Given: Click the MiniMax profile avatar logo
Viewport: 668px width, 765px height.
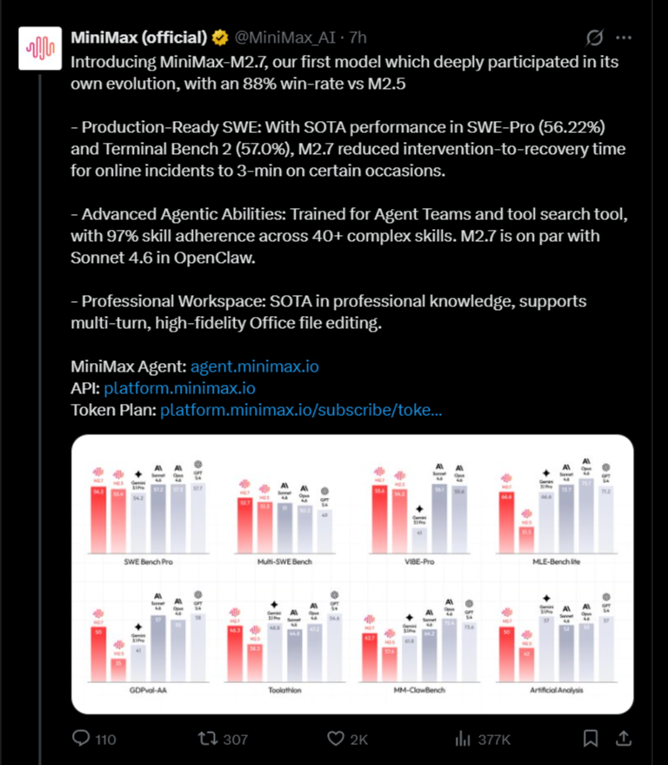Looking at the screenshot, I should click(x=41, y=49).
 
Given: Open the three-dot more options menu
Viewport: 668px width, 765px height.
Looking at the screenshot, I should click(x=624, y=38).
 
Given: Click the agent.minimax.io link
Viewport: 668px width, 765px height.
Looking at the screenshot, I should click(x=254, y=366).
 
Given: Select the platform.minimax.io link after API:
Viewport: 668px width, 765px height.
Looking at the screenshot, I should click(x=179, y=388).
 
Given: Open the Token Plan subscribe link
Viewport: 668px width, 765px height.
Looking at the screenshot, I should click(x=301, y=410).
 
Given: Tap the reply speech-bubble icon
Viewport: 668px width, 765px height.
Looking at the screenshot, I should click(x=81, y=739).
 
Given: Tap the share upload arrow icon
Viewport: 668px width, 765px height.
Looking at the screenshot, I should click(x=623, y=739).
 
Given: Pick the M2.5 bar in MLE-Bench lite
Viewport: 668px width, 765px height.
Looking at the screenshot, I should click(x=526, y=540).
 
